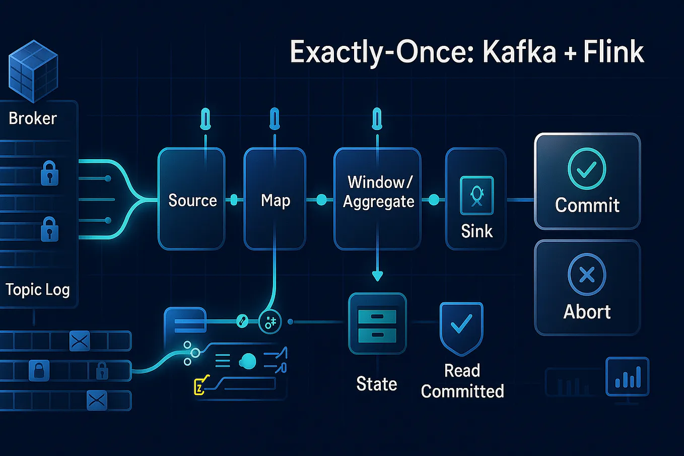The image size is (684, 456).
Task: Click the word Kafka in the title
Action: pyautogui.click(x=519, y=52)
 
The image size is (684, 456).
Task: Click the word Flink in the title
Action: pyautogui.click(x=613, y=52)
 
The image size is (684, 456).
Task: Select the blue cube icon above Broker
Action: pyautogui.click(x=33, y=71)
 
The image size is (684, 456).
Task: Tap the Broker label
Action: pyautogui.click(x=33, y=118)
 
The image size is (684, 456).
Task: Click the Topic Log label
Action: pyautogui.click(x=38, y=290)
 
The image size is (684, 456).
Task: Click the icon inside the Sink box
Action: pyautogui.click(x=476, y=196)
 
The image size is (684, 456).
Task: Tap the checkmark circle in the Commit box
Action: pyautogui.click(x=587, y=169)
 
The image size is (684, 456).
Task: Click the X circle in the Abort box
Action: pyautogui.click(x=587, y=275)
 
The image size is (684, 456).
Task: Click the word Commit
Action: pyautogui.click(x=587, y=206)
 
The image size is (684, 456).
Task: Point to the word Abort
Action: pyautogui.click(x=587, y=312)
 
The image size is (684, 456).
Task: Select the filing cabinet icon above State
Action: pyautogui.click(x=377, y=323)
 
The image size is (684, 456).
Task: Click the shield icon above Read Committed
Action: pyautogui.click(x=461, y=327)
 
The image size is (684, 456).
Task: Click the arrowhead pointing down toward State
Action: pyautogui.click(x=377, y=276)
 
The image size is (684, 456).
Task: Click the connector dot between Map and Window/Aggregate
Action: pyautogui.click(x=321, y=200)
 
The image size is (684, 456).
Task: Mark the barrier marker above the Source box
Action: pyautogui.click(x=206, y=120)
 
